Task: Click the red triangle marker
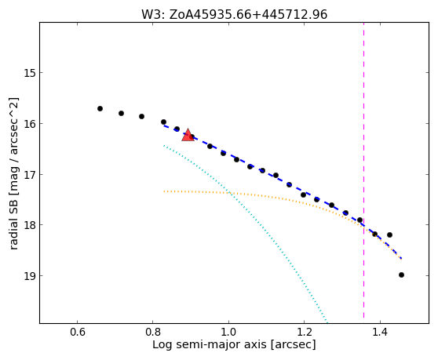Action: tap(188, 135)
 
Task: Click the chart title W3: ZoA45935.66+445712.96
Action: tap(234, 15)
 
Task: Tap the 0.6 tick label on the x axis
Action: tap(78, 333)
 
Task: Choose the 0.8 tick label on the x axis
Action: tap(153, 333)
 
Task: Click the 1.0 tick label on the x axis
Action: tap(228, 333)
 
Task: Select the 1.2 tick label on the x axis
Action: tap(305, 333)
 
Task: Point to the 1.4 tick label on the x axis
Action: tap(380, 333)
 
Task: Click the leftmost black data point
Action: tap(100, 108)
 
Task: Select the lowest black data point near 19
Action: tap(401, 275)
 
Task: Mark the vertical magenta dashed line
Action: tap(363, 170)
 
